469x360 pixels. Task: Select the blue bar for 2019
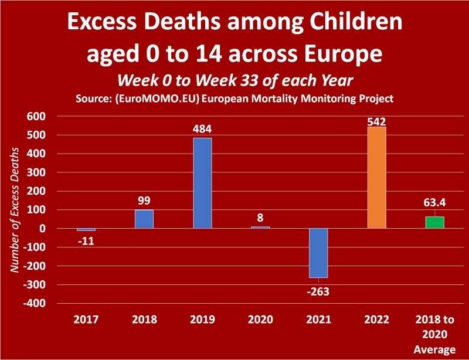click(202, 183)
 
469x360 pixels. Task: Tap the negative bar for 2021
click(318, 253)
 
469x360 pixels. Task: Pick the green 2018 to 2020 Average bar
click(435, 222)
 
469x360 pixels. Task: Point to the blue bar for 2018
click(144, 219)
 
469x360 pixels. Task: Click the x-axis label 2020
click(260, 320)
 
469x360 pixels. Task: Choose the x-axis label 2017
click(86, 320)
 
